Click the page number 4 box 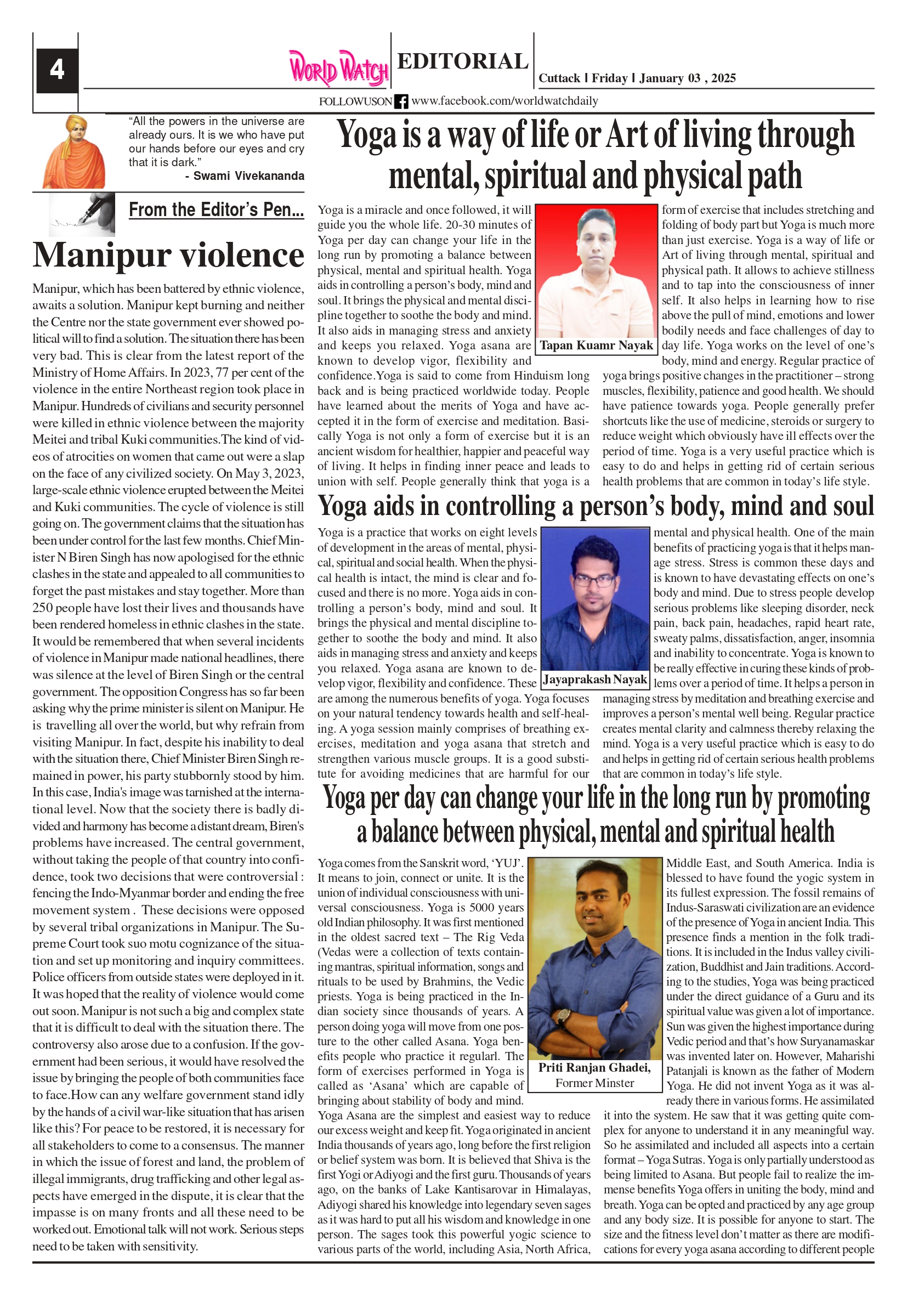57,70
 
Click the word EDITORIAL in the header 462,61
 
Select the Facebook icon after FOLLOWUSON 401,101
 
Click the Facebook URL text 504,101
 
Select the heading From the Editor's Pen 216,210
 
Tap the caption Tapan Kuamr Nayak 596,346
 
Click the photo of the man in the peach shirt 596,271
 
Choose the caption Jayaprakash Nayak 595,680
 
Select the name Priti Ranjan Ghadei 594,1067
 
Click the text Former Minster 594,1083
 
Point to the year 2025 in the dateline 723,78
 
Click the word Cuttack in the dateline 559,78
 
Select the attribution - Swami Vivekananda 245,176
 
